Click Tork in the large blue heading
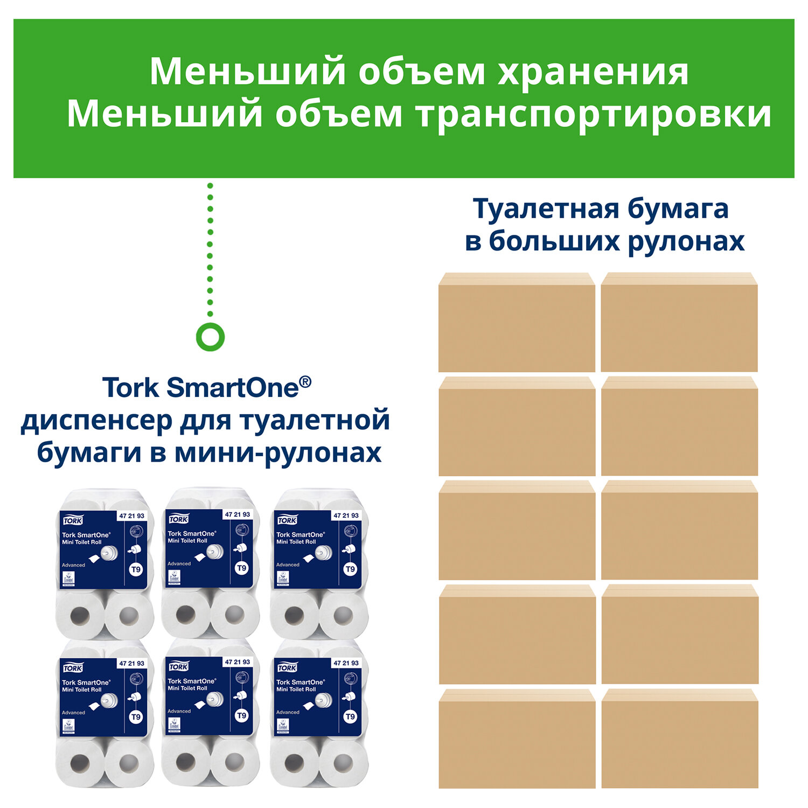(x=131, y=388)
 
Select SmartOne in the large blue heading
(x=232, y=388)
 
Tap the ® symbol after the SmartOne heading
(x=305, y=381)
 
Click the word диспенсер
(x=96, y=421)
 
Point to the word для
(x=206, y=421)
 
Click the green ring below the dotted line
(x=210, y=337)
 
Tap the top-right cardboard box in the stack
(x=679, y=323)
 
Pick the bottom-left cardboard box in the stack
(x=517, y=739)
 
